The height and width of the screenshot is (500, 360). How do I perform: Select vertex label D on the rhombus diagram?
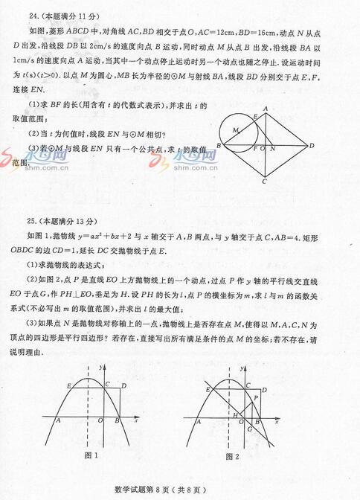coord(313,145)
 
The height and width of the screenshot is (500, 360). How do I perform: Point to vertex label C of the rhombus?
coord(265,182)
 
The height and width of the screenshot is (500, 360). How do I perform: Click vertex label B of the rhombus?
coord(219,146)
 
